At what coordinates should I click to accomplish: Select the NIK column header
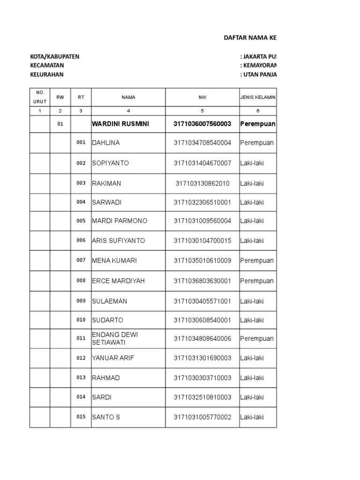202,97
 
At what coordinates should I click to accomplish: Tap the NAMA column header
128,97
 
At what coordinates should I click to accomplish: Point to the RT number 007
81,260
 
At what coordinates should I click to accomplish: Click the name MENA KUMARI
114,261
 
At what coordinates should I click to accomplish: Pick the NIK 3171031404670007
202,163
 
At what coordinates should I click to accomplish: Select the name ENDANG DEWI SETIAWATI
115,338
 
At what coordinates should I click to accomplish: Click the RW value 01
60,124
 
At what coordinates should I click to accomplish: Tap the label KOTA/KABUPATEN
55,57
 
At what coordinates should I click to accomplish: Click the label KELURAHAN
47,75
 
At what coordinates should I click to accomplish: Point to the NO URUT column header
40,97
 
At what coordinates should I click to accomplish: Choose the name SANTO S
106,417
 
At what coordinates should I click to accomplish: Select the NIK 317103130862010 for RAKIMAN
202,183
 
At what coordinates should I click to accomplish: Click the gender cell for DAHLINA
257,143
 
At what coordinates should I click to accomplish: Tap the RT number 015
81,417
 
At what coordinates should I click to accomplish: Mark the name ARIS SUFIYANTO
119,240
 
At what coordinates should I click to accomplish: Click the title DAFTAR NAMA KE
253,38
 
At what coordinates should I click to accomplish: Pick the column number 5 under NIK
202,111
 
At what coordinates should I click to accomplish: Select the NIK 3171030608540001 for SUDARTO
202,320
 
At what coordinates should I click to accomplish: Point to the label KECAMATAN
47,66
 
